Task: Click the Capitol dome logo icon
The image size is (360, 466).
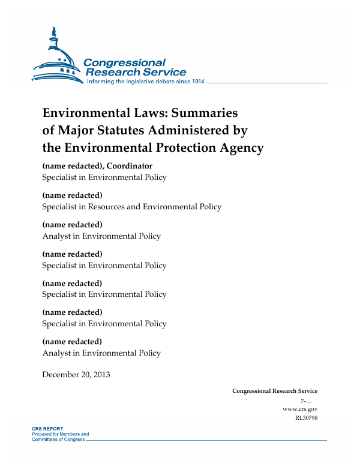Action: coord(56,57)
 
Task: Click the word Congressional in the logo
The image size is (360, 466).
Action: coord(124,62)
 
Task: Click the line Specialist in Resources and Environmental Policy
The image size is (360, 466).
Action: coord(131,206)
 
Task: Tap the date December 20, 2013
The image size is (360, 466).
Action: coord(76,375)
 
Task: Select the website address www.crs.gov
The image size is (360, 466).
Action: coord(299,409)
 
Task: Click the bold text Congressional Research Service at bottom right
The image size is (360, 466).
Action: coord(275,391)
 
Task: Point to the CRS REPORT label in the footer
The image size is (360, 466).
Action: coord(47,429)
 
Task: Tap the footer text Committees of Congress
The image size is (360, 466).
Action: coord(58,440)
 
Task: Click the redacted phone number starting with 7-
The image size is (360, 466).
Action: coord(308,400)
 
